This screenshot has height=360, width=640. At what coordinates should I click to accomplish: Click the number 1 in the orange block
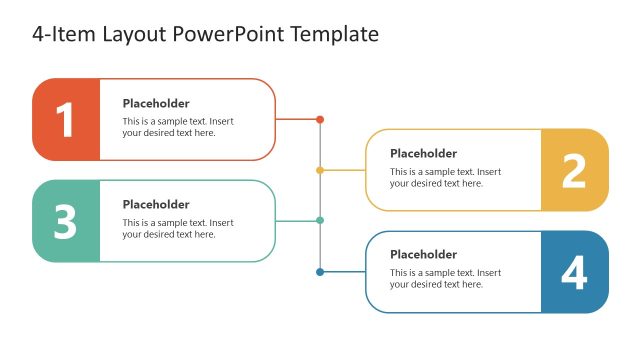(x=65, y=120)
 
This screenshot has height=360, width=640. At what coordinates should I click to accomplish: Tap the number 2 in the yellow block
(x=574, y=171)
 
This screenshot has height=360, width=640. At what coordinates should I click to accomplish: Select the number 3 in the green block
(x=65, y=222)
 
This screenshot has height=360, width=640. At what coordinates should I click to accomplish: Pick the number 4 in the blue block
(x=574, y=273)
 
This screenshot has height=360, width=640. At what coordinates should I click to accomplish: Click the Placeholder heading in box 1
(x=156, y=103)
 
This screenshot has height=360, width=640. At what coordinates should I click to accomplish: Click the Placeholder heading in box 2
(x=423, y=153)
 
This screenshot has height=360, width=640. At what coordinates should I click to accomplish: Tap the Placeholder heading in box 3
(x=156, y=204)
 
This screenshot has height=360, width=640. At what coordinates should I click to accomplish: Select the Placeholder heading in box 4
(x=423, y=254)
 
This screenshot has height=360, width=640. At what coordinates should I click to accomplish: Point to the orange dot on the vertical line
(x=320, y=119)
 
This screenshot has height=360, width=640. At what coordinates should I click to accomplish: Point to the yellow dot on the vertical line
(x=320, y=170)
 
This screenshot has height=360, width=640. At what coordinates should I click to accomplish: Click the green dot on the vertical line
(x=320, y=220)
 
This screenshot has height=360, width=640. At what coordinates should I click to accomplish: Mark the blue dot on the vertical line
(x=320, y=271)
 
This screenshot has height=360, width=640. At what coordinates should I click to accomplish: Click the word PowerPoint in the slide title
(x=229, y=34)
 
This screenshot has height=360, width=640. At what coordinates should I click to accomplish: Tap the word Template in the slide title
(x=334, y=34)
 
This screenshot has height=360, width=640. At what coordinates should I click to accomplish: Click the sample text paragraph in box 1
(x=178, y=127)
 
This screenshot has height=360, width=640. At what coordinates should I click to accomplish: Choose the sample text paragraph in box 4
(x=445, y=278)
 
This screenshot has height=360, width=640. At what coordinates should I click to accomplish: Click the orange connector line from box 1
(x=297, y=119)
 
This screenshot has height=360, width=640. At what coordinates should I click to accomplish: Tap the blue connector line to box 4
(x=343, y=271)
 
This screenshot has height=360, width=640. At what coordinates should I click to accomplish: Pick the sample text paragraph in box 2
(x=445, y=177)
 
